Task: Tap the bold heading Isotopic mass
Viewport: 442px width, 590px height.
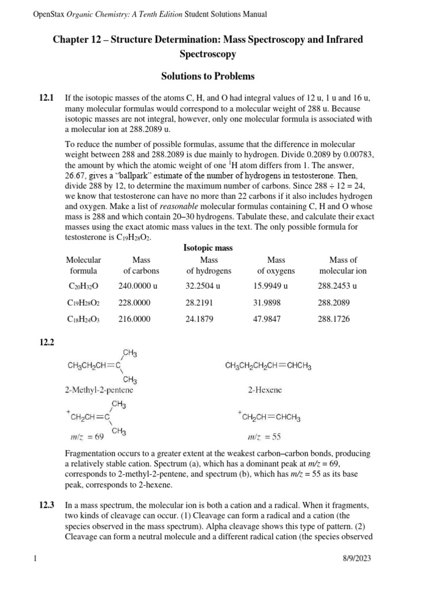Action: point(208,248)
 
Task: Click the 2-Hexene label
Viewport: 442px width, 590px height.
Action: point(265,390)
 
